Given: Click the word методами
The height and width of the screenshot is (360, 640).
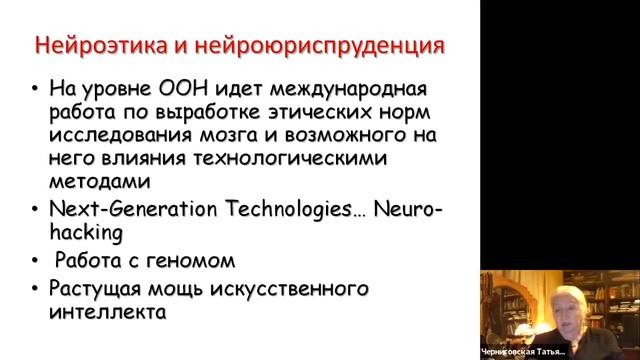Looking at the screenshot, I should (94, 183).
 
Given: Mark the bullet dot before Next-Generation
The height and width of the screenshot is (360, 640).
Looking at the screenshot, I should (37, 208).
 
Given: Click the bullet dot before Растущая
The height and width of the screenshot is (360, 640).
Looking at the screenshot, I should (37, 289).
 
